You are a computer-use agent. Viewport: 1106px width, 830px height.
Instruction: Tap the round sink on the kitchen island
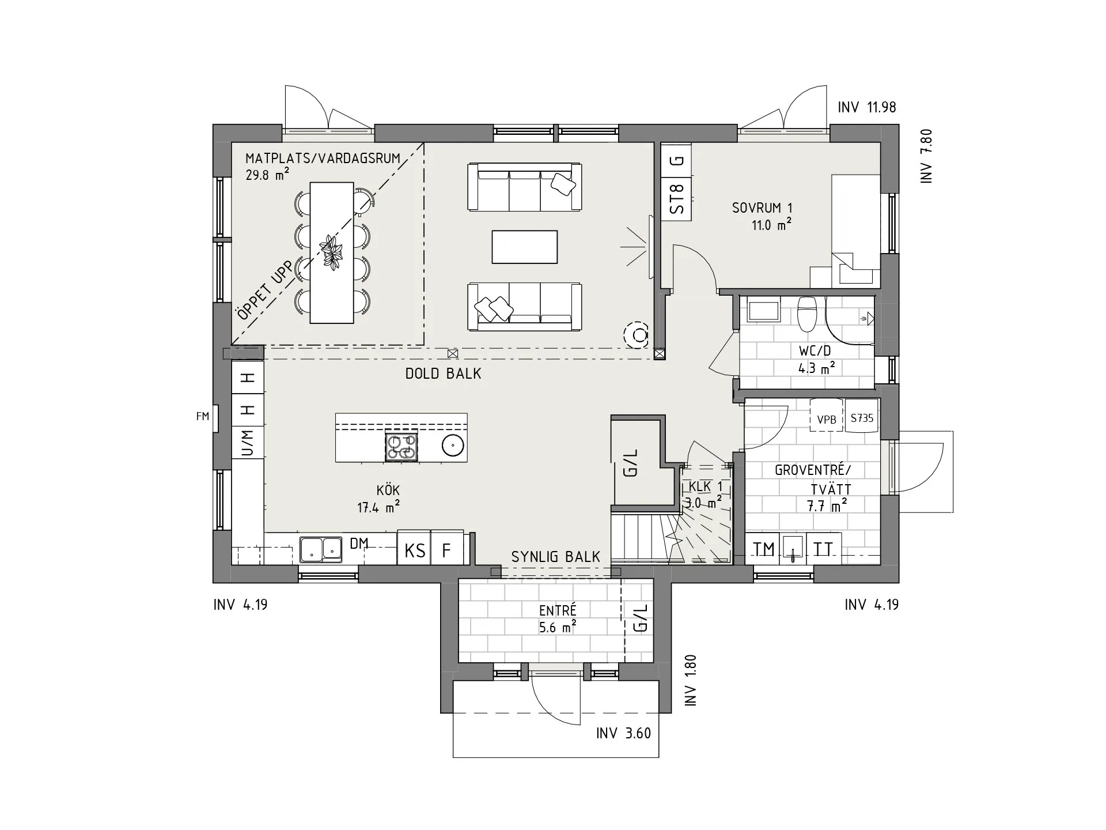click(x=453, y=445)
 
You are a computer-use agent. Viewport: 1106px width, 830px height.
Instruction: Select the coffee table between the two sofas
click(x=525, y=247)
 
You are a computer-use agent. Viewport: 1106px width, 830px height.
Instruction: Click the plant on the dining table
click(x=331, y=252)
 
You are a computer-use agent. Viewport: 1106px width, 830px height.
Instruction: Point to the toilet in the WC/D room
click(x=807, y=313)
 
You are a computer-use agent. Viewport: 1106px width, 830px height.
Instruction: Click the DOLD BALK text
click(x=443, y=373)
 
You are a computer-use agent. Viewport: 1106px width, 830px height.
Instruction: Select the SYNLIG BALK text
click(x=556, y=557)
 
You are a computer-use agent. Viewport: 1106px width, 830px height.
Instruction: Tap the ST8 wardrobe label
click(x=678, y=198)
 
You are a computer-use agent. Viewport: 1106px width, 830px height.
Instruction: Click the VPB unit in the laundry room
click(x=827, y=420)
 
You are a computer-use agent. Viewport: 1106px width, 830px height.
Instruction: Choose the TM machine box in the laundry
click(x=764, y=549)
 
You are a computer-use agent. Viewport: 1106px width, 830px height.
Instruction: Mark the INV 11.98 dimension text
click(x=867, y=107)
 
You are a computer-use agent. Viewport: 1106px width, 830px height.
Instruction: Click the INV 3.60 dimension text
click(x=623, y=733)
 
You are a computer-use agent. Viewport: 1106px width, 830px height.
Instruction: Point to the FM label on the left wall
click(x=203, y=416)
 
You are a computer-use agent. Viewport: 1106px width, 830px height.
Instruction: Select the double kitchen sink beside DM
click(x=321, y=549)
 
